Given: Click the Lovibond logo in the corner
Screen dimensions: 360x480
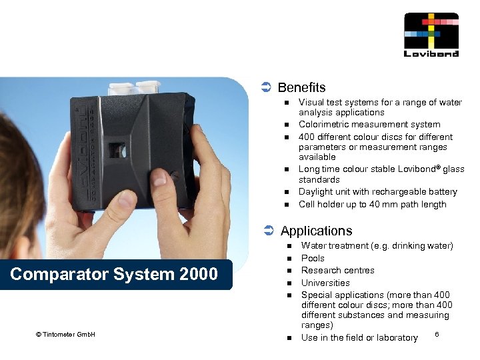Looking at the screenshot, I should coord(431,35).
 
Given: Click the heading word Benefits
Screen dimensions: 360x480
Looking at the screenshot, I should coord(301,87).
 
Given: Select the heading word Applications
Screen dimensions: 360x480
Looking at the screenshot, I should coord(316,231).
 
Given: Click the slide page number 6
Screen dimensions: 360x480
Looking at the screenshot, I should coord(436,333).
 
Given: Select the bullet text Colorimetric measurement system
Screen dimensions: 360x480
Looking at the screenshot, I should coord(369,124).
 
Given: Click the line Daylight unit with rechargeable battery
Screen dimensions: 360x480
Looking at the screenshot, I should coord(377,191).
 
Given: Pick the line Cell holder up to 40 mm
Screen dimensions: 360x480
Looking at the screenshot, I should coord(372,204).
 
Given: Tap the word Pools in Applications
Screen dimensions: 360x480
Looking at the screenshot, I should coord(313,258).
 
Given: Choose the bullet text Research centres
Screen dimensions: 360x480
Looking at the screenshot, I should coord(337,270).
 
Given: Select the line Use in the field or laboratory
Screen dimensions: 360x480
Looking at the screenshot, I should coord(359,337).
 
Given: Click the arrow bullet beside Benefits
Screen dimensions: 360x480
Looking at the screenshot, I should coord(265,87).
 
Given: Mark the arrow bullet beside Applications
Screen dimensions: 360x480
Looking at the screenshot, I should coord(267,231).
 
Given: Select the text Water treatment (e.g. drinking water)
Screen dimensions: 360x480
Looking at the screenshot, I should coord(377,245).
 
